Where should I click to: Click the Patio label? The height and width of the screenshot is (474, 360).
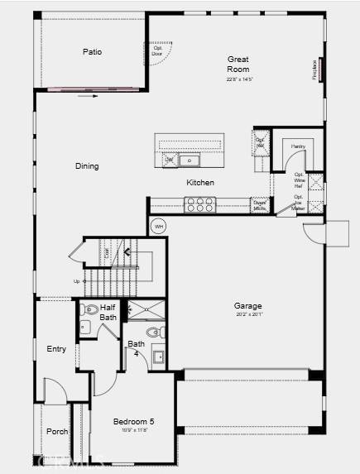click(92, 52)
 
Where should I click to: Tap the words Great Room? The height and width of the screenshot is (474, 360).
click(238, 65)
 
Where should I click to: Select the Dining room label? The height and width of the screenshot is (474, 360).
click(87, 166)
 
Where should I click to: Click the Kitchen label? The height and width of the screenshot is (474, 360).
click(200, 183)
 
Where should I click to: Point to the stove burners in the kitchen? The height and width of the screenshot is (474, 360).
click(199, 203)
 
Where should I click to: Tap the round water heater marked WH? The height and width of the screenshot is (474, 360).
click(159, 226)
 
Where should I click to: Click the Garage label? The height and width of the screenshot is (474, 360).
click(248, 306)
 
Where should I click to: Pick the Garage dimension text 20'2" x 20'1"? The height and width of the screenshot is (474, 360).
click(248, 314)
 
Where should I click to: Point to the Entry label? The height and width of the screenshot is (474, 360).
click(56, 349)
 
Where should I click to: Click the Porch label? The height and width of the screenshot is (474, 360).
click(56, 431)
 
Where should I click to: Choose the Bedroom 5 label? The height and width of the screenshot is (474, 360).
click(134, 422)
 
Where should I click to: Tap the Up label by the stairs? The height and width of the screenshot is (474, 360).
click(76, 282)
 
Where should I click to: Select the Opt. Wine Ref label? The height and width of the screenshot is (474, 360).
click(298, 180)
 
